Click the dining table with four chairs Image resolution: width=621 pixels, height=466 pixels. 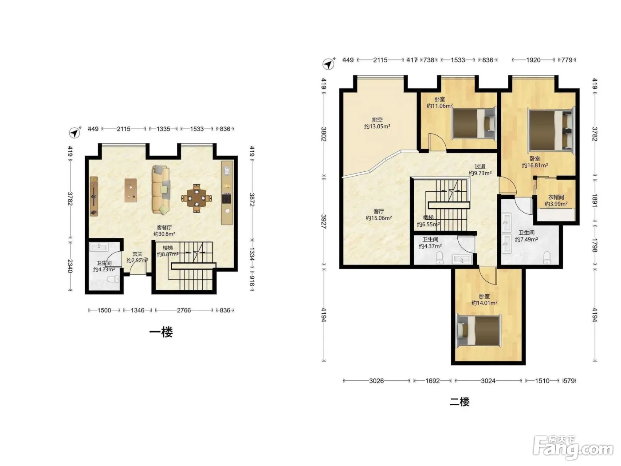[x=197, y=198]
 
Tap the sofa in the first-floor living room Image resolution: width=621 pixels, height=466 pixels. [x=161, y=190]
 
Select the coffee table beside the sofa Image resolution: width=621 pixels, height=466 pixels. [x=131, y=190]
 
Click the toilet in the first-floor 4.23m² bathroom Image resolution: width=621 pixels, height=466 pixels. [x=114, y=279]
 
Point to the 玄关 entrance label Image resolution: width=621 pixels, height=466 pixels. [x=137, y=254]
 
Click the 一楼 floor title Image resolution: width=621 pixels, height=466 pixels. [x=161, y=332]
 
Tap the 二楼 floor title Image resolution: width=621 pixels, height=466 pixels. [x=460, y=402]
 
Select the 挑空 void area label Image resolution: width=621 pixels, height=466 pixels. [x=377, y=120]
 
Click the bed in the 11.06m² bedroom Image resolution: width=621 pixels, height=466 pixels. [x=474, y=124]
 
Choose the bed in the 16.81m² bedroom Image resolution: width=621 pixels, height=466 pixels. [x=551, y=130]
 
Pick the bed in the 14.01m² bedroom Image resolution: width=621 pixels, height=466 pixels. [x=479, y=330]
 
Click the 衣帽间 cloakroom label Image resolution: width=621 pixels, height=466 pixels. [x=556, y=197]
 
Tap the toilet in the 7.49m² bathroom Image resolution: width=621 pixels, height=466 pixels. [x=547, y=257]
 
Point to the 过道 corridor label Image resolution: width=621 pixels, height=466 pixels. [x=480, y=166]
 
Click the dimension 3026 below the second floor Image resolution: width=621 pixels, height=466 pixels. [x=376, y=381]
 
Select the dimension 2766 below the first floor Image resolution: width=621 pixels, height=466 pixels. [x=184, y=310]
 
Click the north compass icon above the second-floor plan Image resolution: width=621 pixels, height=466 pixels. [x=329, y=64]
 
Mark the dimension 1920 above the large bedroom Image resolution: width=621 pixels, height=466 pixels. [x=533, y=60]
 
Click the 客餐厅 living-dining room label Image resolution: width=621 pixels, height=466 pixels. [x=165, y=228]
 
